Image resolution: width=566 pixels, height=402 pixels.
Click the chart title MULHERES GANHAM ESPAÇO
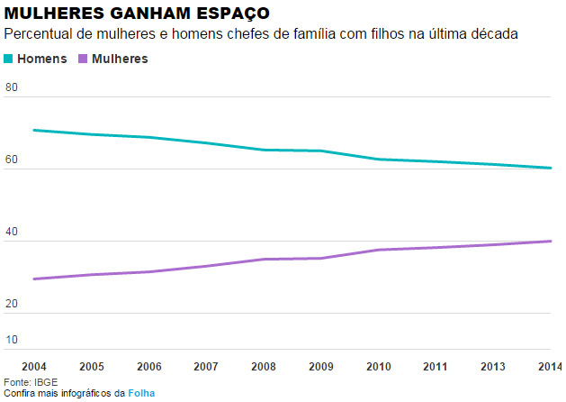(136, 13)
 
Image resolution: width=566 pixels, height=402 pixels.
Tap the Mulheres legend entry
(120, 59)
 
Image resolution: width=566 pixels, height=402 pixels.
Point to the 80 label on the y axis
(12, 87)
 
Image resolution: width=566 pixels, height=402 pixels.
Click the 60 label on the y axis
(12, 160)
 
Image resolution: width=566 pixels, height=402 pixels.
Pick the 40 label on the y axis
(12, 232)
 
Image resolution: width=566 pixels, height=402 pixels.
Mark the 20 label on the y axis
(12, 304)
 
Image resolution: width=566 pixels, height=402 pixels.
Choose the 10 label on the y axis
(12, 340)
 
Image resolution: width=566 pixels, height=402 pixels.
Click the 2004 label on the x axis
(34, 367)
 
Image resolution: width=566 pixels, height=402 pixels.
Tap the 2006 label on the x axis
(149, 367)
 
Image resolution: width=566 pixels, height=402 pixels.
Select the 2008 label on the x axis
(264, 367)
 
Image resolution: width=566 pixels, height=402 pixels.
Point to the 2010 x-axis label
(378, 367)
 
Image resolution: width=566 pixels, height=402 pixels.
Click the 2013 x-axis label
(492, 367)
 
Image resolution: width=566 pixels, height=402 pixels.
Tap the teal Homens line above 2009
(320, 151)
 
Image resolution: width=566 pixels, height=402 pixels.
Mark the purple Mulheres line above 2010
(378, 250)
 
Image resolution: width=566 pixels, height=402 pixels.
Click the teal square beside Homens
(9, 59)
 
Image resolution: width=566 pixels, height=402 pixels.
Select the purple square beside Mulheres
(83, 59)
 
